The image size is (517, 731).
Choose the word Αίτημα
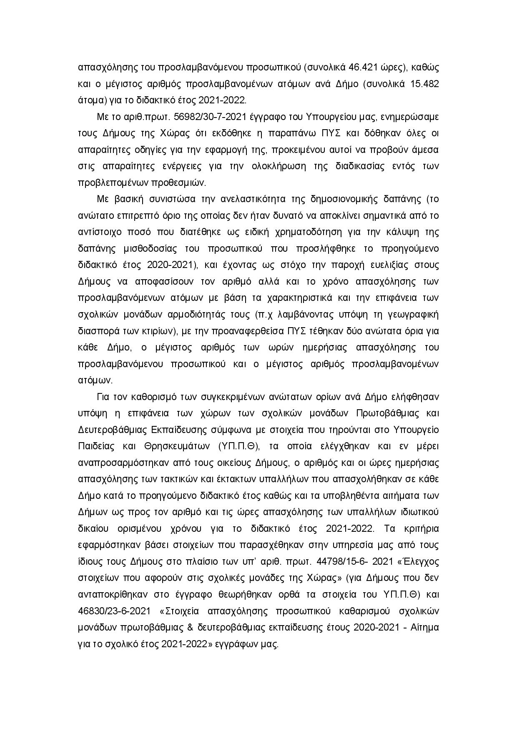pyautogui.click(x=425, y=628)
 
